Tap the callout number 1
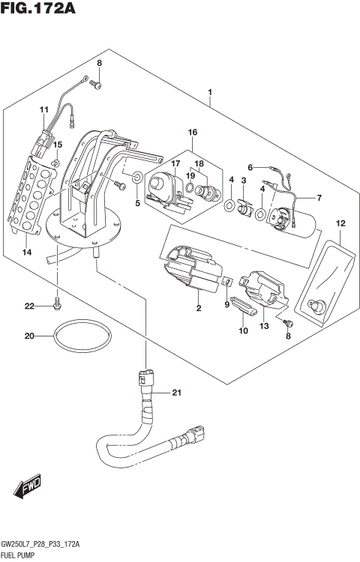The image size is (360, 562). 211,93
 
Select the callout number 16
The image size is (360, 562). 193,133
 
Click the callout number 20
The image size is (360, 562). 30,336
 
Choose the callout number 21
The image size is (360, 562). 177,393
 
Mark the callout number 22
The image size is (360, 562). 30,306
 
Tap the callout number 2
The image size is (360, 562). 198,307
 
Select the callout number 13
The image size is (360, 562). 264,327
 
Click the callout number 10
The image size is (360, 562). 242,330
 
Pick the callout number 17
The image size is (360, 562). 175,163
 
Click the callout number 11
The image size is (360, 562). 43,110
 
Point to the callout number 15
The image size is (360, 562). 58,145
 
